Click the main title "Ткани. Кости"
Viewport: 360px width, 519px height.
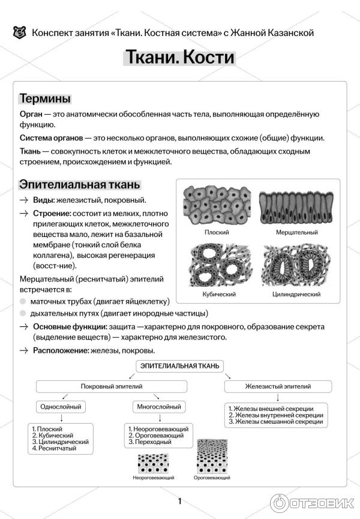point(179,58)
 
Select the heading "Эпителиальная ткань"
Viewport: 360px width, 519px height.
point(79,184)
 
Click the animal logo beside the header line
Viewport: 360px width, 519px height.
point(19,32)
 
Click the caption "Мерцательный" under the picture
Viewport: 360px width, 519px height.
point(297,232)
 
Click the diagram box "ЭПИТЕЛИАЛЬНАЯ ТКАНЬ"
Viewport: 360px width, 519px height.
point(180,365)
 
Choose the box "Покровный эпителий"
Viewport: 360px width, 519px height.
point(113,386)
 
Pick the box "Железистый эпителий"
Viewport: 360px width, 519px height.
point(278,386)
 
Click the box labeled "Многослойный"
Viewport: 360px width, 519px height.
point(159,407)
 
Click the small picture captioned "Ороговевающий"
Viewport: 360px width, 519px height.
point(212,461)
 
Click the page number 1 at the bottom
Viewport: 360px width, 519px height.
point(179,501)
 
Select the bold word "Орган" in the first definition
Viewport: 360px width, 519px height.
point(31,113)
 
